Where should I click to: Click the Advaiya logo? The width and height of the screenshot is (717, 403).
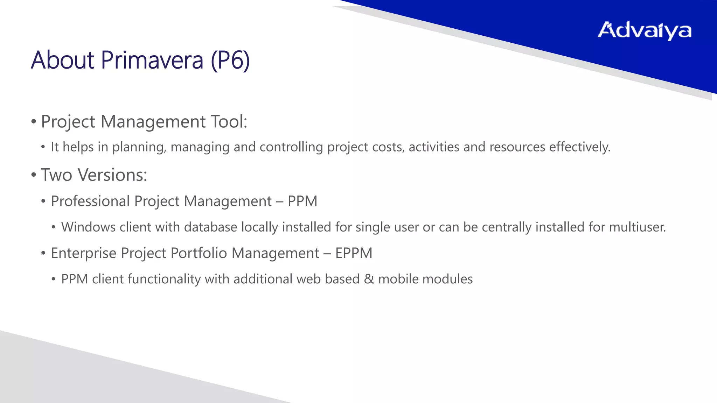(644, 31)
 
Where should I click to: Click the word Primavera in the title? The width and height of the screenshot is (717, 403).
(152, 60)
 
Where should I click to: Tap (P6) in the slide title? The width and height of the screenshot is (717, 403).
(230, 60)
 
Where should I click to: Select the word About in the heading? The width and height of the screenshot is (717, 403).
(63, 60)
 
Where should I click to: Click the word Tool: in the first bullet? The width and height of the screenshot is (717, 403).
(229, 122)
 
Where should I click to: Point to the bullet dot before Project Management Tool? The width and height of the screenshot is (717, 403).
(34, 122)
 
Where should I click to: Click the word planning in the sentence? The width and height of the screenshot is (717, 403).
(139, 147)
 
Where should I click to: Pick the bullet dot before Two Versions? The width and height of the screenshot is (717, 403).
(34, 175)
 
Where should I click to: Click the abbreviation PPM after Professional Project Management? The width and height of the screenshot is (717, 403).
(302, 201)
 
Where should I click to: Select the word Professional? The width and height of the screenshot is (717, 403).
(90, 201)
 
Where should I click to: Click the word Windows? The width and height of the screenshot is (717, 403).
(88, 227)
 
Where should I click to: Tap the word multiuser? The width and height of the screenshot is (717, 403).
(637, 227)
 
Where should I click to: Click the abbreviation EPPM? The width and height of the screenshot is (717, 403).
(354, 253)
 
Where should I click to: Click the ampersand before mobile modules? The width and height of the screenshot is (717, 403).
(369, 279)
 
